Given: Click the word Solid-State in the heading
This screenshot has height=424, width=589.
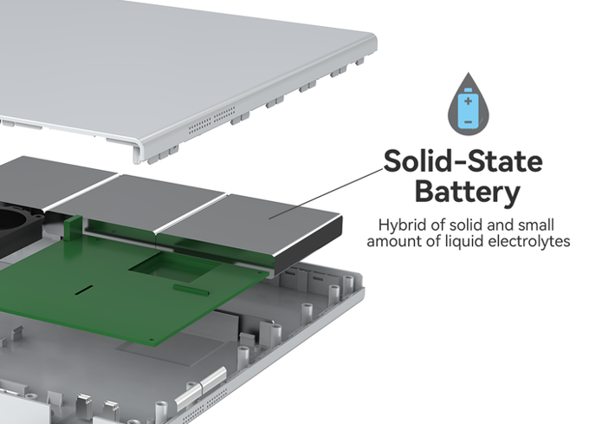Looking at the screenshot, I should point(463,161).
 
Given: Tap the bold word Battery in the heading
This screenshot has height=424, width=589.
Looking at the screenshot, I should point(468,191).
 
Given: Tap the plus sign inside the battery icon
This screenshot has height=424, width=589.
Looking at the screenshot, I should point(468,101).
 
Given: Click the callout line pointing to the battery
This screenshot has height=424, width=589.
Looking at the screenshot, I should point(329,189).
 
